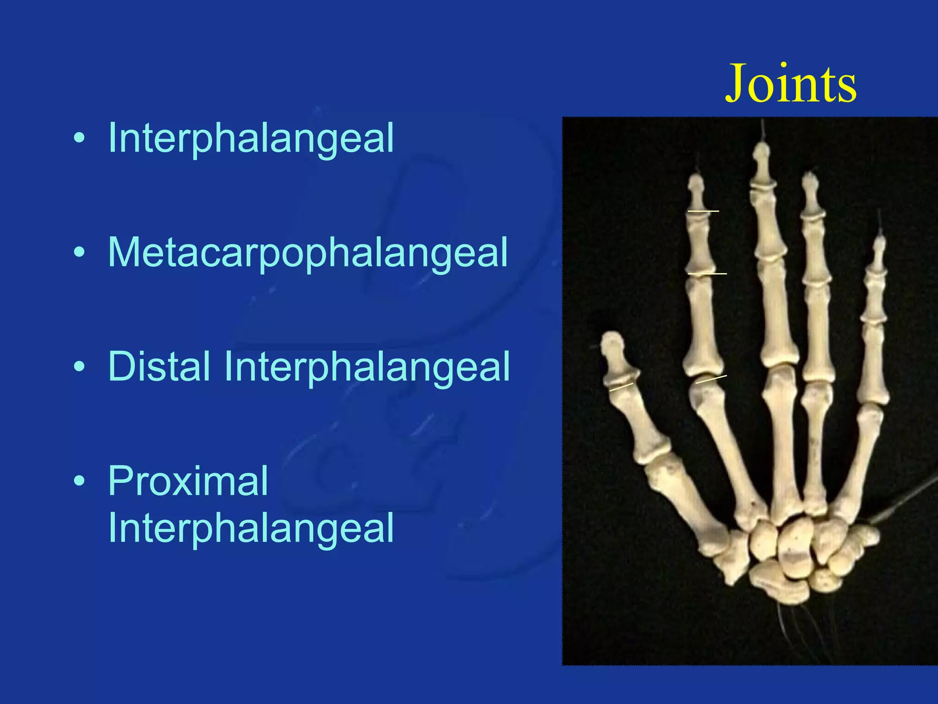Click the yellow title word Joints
(x=791, y=84)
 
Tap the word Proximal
(x=188, y=481)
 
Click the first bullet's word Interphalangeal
(x=251, y=138)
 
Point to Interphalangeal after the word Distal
(x=366, y=366)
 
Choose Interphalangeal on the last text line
(x=251, y=528)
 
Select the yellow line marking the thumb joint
(x=621, y=387)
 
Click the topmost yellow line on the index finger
(x=703, y=211)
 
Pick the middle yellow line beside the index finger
(x=707, y=274)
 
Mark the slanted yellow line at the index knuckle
(x=711, y=379)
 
